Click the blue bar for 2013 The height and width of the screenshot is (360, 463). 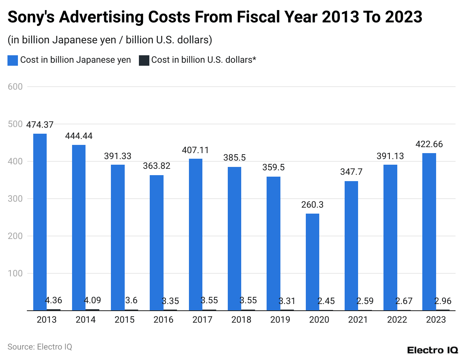(40, 222)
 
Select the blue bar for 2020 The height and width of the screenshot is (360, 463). (313, 262)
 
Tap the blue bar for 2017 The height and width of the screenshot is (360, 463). (196, 235)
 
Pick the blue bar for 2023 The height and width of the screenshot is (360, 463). (429, 232)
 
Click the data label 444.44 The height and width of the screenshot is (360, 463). (79, 136)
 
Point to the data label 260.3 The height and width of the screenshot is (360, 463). (313, 205)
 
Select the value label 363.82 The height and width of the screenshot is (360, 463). (156, 166)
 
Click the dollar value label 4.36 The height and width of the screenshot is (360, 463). (53, 300)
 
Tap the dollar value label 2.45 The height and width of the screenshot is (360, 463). (326, 301)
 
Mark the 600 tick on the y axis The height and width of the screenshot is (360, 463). (15, 87)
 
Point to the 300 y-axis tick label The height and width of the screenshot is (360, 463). (15, 199)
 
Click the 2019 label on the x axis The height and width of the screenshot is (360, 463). (280, 320)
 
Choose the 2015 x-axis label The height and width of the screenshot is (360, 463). (124, 320)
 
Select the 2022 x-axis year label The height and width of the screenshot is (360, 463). (397, 320)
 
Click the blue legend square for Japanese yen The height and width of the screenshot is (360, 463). (13, 60)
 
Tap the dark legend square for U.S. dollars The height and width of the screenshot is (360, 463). (144, 60)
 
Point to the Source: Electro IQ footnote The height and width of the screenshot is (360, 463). (40, 347)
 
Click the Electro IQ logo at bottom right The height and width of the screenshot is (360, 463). (432, 350)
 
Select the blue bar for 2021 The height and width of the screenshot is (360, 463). (351, 246)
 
